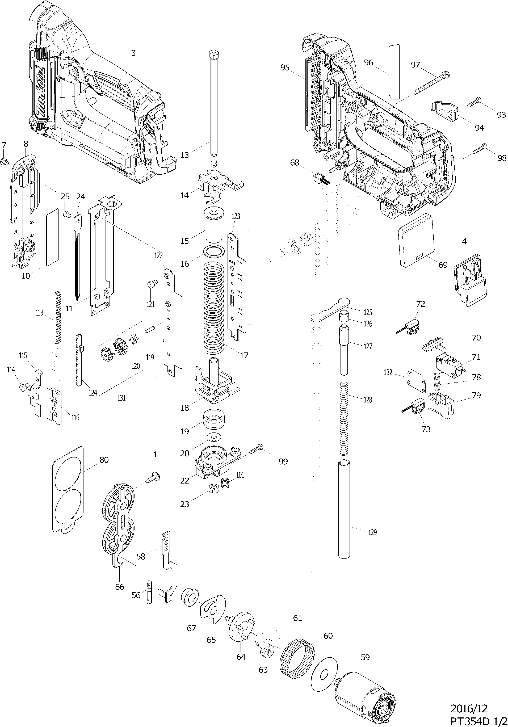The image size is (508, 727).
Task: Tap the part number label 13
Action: [x=185, y=155]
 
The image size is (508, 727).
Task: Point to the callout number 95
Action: [x=285, y=68]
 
